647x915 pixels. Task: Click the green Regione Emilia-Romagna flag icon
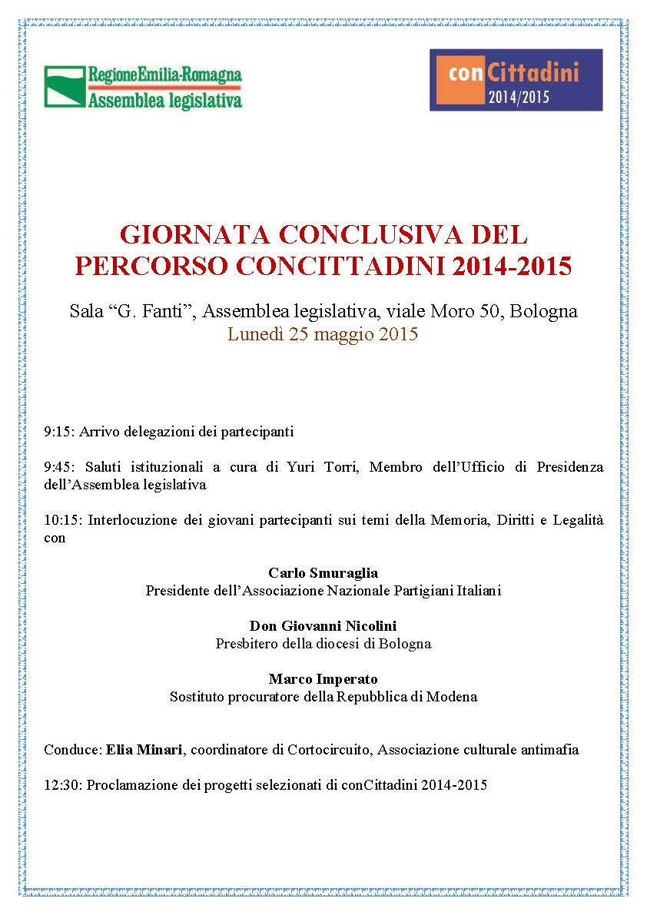(65, 86)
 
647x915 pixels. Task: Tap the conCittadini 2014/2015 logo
(516, 80)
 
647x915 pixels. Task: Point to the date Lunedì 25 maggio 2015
(323, 334)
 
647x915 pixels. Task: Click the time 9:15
(57, 432)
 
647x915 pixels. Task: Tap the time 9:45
(57, 466)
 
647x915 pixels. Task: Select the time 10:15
(60, 520)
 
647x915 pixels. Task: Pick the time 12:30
(60, 785)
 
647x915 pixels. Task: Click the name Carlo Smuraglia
(323, 573)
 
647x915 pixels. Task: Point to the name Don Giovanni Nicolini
(323, 626)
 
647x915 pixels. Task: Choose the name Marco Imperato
(323, 679)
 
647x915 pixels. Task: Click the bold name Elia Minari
(144, 749)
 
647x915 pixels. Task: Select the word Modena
(453, 697)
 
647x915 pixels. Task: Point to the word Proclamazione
(129, 785)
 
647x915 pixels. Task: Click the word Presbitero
(246, 644)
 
